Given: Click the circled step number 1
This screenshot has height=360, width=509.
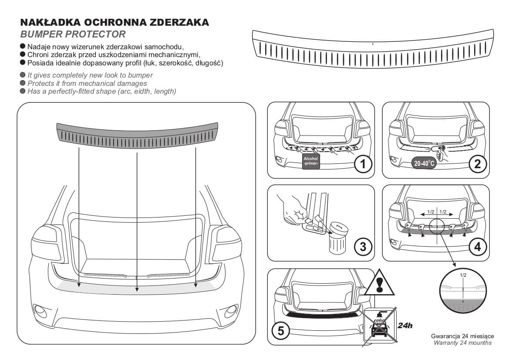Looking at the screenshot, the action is (363, 164).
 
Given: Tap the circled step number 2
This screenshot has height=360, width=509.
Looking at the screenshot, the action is (478, 164).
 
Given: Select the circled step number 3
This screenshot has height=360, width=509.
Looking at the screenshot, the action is (363, 247).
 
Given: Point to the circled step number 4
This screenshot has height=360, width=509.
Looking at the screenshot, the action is (478, 247).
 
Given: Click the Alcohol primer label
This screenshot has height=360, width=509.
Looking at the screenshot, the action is (310, 161).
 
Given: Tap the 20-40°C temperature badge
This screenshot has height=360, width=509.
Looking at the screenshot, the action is (424, 163).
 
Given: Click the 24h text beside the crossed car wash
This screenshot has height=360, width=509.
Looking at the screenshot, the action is (405, 325).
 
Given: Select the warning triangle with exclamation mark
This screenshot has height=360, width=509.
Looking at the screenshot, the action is (379, 283).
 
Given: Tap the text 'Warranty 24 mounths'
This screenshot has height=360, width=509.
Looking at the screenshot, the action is (462, 343).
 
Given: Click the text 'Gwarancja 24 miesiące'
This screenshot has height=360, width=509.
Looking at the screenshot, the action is (462, 336).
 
